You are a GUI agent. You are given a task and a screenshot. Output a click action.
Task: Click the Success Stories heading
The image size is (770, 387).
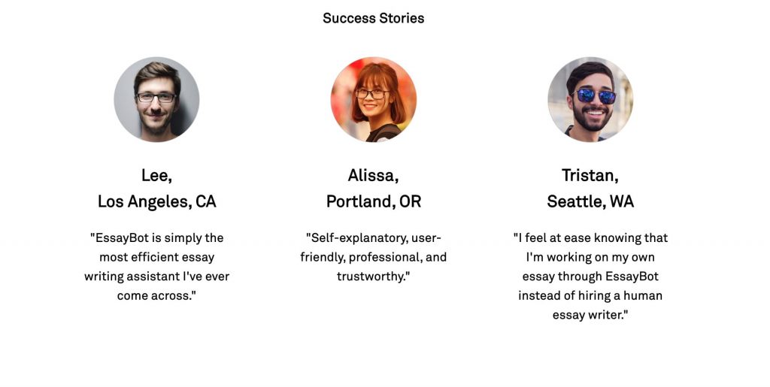[x=373, y=18]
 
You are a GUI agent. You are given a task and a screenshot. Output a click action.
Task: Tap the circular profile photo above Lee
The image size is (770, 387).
[x=156, y=100]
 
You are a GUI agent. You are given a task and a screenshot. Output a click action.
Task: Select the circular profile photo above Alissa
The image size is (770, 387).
[x=373, y=100]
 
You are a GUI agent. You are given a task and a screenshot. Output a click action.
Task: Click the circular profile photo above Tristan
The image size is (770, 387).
[x=590, y=100]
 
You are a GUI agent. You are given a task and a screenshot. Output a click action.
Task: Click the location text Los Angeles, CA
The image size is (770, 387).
[x=156, y=201]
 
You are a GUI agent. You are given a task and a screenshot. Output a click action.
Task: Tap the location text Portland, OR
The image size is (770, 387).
[x=373, y=201]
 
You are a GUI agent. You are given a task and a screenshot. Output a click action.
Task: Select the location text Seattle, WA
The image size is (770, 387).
[x=590, y=201]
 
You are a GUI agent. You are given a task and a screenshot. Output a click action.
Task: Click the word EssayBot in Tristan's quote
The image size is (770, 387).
[x=632, y=277]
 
